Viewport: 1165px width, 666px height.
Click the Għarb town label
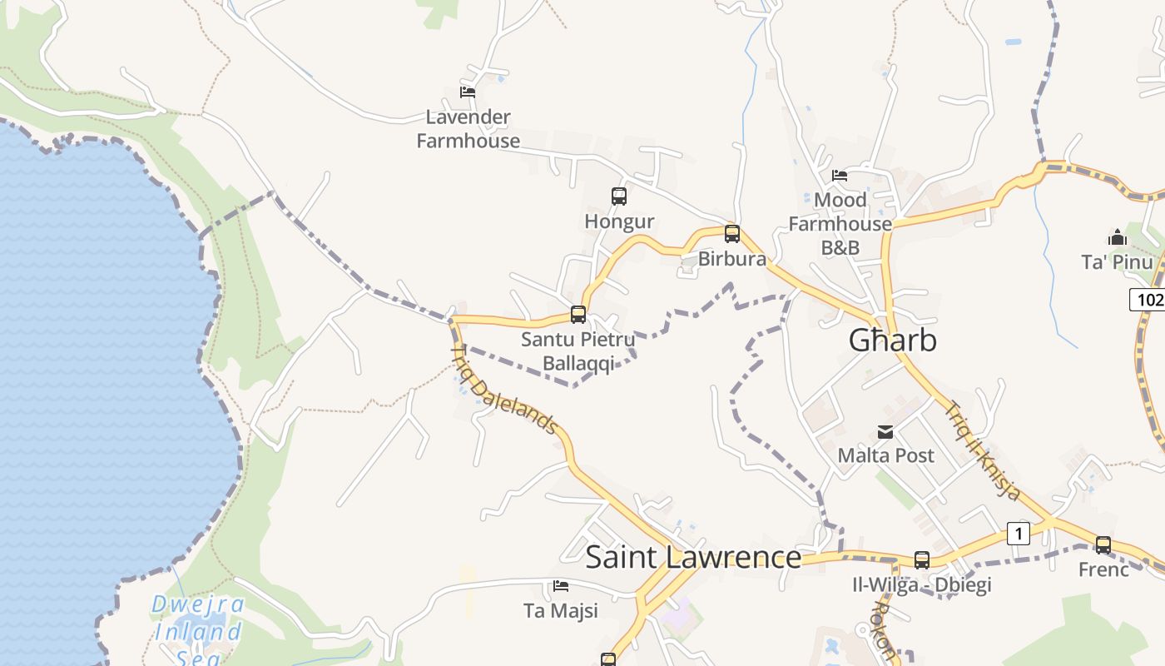pos(892,340)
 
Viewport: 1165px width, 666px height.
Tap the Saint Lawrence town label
pos(693,557)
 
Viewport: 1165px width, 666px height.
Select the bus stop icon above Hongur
pos(619,196)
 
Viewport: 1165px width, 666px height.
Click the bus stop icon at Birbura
pos(732,234)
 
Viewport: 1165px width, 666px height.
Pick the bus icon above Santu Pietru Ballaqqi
pos(578,315)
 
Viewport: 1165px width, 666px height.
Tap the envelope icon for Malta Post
pos(885,432)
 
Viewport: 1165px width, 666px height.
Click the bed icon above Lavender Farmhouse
pos(468,92)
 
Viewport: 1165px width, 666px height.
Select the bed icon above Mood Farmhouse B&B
pos(840,176)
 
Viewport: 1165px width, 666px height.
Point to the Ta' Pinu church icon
pos(1118,238)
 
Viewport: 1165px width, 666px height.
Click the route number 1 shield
pos(1019,533)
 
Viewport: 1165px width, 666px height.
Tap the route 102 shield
pos(1148,300)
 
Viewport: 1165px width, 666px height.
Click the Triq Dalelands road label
pos(504,390)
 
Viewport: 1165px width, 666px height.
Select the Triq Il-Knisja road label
pos(982,450)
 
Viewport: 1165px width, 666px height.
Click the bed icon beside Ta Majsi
pos(561,586)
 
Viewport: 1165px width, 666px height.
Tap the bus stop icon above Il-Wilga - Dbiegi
pos(922,560)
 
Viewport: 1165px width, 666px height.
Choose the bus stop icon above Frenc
pos(1103,545)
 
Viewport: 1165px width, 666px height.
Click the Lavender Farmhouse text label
pos(468,129)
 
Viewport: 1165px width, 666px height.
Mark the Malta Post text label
pos(885,455)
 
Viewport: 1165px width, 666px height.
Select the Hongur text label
pos(619,221)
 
